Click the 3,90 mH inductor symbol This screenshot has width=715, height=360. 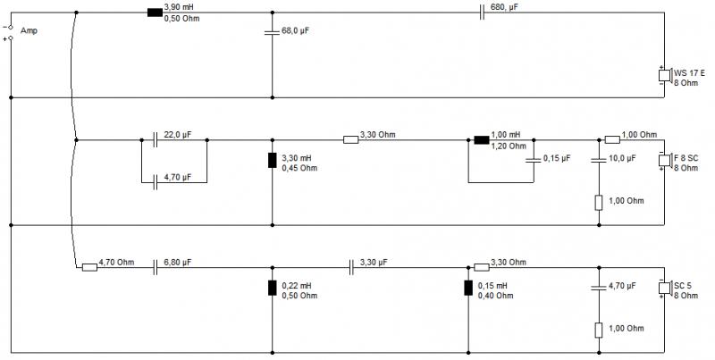pyautogui.click(x=155, y=13)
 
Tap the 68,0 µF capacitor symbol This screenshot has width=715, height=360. pyautogui.click(x=273, y=32)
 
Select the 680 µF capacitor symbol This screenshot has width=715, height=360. pyautogui.click(x=482, y=13)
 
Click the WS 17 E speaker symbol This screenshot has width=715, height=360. pyautogui.click(x=665, y=75)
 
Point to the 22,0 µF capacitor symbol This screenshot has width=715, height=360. pyautogui.click(x=155, y=140)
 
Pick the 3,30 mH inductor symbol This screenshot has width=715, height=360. pyautogui.click(x=273, y=160)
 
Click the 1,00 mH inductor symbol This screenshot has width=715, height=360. pyautogui.click(x=482, y=140)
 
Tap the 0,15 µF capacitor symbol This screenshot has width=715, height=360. pyautogui.click(x=534, y=160)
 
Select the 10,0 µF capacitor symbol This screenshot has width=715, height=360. pyautogui.click(x=599, y=160)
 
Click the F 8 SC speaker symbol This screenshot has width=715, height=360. pyautogui.click(x=665, y=160)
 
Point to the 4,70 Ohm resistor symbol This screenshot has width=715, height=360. pyautogui.click(x=89, y=267)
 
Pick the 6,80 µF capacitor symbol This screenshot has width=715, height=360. pyautogui.click(x=155, y=267)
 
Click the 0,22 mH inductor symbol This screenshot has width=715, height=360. pyautogui.click(x=273, y=288)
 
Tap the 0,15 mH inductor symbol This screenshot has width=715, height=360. pyautogui.click(x=468, y=288)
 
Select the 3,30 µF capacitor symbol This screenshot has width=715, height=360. pyautogui.click(x=351, y=267)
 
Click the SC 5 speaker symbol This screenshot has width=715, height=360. pyautogui.click(x=665, y=288)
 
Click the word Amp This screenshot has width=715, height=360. pyautogui.click(x=29, y=31)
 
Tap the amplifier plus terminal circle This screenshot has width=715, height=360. pyautogui.click(x=11, y=38)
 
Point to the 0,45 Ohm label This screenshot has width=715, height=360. pyautogui.click(x=299, y=168)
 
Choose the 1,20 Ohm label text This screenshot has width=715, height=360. pyautogui.click(x=509, y=147)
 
